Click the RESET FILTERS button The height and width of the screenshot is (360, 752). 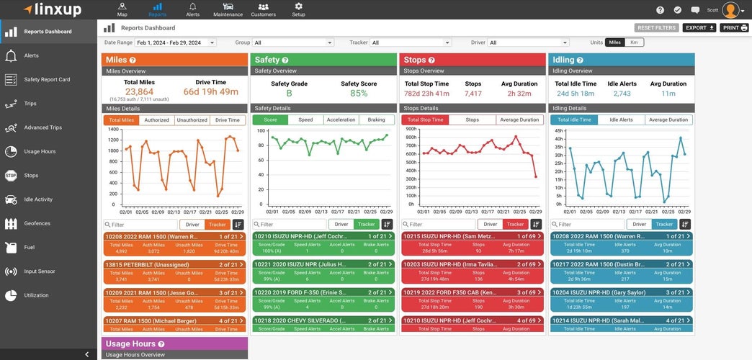(x=656, y=28)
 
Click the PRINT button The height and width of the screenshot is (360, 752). (x=734, y=28)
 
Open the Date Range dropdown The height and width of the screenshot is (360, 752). (x=176, y=43)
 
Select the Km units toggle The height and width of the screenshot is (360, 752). (x=634, y=42)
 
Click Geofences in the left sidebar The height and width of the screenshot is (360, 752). (x=37, y=223)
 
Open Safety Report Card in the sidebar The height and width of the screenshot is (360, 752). (x=47, y=80)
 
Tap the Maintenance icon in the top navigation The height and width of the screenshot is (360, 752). (x=228, y=9)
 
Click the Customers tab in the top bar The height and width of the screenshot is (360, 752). (x=263, y=9)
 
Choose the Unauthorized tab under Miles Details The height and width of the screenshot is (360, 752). (x=192, y=120)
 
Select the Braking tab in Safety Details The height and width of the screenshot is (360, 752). (x=376, y=120)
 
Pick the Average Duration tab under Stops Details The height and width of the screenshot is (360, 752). (x=519, y=120)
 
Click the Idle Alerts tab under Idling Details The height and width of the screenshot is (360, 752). (x=621, y=120)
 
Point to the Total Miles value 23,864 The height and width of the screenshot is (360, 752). (x=139, y=91)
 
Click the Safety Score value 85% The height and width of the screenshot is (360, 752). (x=359, y=94)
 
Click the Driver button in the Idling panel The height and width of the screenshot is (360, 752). (x=639, y=225)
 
